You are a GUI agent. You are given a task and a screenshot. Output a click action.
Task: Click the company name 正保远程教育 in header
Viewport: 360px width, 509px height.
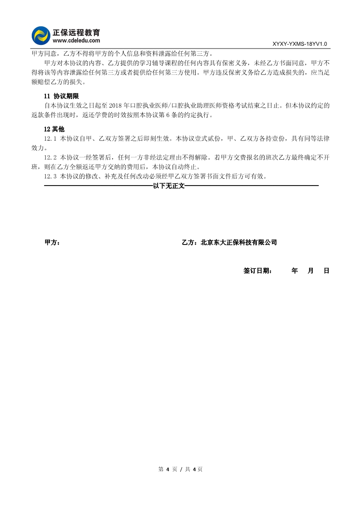(x=76, y=33)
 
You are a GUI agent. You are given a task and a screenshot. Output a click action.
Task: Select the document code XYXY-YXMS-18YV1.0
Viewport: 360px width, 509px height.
(x=300, y=44)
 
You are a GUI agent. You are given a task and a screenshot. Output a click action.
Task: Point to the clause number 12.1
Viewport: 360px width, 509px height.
(x=50, y=138)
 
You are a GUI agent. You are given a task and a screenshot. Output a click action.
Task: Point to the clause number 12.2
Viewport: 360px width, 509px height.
(x=50, y=157)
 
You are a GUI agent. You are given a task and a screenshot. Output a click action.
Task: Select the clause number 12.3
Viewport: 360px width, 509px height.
(x=50, y=176)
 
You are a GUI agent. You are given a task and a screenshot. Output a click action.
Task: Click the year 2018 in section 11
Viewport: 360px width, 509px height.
(x=117, y=105)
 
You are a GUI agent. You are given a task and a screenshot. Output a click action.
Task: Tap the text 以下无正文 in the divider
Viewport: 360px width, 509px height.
(x=169, y=186)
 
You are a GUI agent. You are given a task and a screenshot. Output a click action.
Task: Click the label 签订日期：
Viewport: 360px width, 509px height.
(x=258, y=271)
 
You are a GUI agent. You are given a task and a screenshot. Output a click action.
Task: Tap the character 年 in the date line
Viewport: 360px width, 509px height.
(x=295, y=271)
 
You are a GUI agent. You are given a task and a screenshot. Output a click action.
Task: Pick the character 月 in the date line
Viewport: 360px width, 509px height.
(x=311, y=271)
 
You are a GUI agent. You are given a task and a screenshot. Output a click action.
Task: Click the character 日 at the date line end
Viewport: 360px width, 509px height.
(x=326, y=271)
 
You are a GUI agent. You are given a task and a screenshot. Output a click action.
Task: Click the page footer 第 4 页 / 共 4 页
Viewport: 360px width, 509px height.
(x=180, y=469)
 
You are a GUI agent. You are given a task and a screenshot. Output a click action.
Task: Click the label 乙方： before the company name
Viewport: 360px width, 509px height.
(x=190, y=243)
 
